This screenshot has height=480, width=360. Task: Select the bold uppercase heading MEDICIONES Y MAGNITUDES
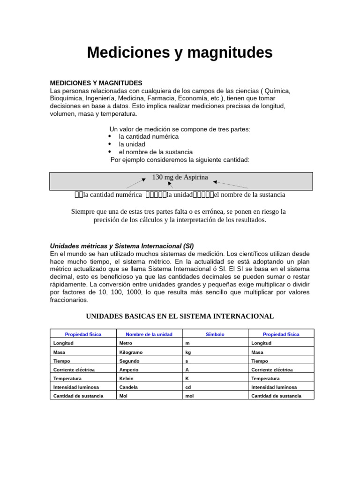[x=96, y=83]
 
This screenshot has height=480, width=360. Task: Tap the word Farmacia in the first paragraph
[x=163, y=98]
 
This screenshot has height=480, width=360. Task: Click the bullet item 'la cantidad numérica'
[x=149, y=136]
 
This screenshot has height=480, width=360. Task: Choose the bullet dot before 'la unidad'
[x=110, y=144]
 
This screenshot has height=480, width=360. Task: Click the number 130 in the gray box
[x=158, y=177]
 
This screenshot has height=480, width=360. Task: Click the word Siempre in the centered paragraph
[x=83, y=211]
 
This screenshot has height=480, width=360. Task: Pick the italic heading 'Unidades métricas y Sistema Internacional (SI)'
[x=121, y=246]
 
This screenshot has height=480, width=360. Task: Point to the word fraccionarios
[x=69, y=300]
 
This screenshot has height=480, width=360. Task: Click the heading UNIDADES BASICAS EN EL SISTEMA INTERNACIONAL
[x=180, y=316]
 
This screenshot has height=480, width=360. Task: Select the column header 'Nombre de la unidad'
[x=149, y=334]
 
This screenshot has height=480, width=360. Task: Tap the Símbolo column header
[x=215, y=334]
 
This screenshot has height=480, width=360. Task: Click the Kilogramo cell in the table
[x=131, y=352]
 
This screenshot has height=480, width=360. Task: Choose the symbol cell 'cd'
[x=188, y=387]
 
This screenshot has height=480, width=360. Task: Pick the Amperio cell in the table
[x=129, y=370]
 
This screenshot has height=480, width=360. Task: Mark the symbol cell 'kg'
[x=188, y=352]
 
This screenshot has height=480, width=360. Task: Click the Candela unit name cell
[x=129, y=387]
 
